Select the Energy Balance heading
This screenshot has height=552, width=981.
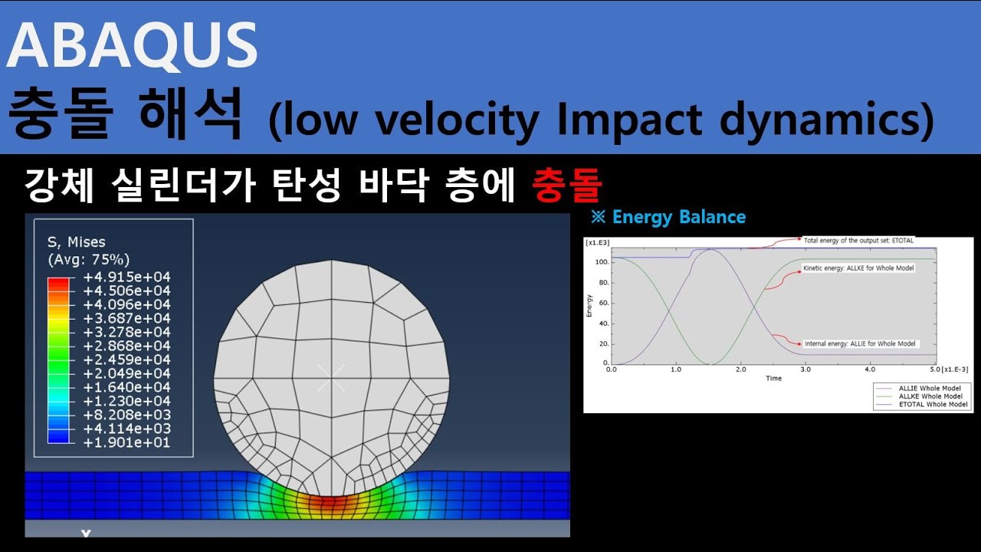click(x=678, y=217)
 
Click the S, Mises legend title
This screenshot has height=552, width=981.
click(x=77, y=242)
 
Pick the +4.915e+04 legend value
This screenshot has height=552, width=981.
click(x=127, y=277)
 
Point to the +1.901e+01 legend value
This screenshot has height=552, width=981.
click(x=127, y=442)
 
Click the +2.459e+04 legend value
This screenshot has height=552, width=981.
click(x=127, y=360)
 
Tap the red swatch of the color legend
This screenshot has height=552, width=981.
click(x=59, y=284)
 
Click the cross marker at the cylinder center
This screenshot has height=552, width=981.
click(x=331, y=378)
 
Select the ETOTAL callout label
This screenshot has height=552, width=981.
click(x=858, y=240)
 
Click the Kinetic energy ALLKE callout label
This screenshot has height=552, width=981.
click(x=858, y=268)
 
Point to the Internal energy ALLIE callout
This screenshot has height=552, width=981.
click(x=860, y=343)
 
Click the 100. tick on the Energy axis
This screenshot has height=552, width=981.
click(x=601, y=262)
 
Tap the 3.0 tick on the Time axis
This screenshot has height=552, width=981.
click(x=805, y=370)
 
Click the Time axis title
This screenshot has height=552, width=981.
click(x=774, y=378)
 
